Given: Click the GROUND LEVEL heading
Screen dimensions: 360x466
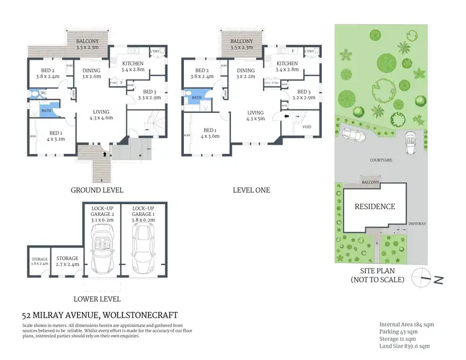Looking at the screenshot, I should [x=96, y=190].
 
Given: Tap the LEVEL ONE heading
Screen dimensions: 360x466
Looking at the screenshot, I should [x=251, y=190].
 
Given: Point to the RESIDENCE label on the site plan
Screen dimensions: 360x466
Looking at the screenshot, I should [x=374, y=207].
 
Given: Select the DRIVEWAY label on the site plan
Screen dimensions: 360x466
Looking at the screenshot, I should [x=416, y=222].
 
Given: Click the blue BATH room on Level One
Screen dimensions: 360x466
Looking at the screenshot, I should [x=196, y=97].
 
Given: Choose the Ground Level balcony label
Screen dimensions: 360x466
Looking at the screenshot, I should [x=86, y=43].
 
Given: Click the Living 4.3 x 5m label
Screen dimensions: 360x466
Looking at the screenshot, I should [x=255, y=115].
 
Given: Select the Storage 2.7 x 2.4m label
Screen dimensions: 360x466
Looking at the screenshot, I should [x=66, y=261].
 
